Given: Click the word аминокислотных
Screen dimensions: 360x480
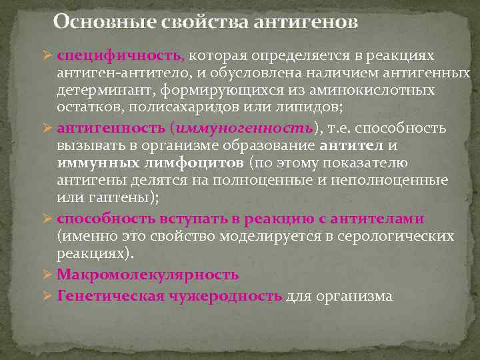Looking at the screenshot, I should click(381, 89).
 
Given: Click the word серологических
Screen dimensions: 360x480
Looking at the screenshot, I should click(400, 236).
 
